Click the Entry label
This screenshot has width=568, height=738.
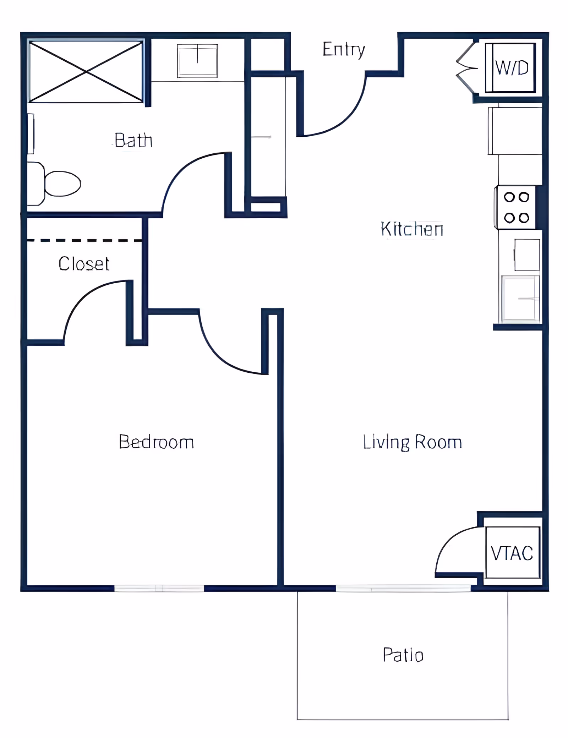pos(344,49)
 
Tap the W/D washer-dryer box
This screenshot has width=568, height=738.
pos(510,67)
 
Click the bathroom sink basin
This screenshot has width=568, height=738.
pos(197,61)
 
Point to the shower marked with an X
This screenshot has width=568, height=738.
pos(86,72)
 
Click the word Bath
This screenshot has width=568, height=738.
pos(133,140)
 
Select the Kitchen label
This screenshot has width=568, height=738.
pos(412,229)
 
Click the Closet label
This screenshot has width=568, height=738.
pos(84,264)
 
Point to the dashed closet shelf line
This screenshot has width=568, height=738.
pos(84,241)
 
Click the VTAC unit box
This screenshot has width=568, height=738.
pos(513,553)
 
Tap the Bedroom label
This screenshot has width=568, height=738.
pos(156,442)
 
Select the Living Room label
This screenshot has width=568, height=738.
pos(412,442)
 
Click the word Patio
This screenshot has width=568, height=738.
pos(403,655)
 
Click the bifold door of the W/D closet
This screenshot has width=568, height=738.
pos(466,67)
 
